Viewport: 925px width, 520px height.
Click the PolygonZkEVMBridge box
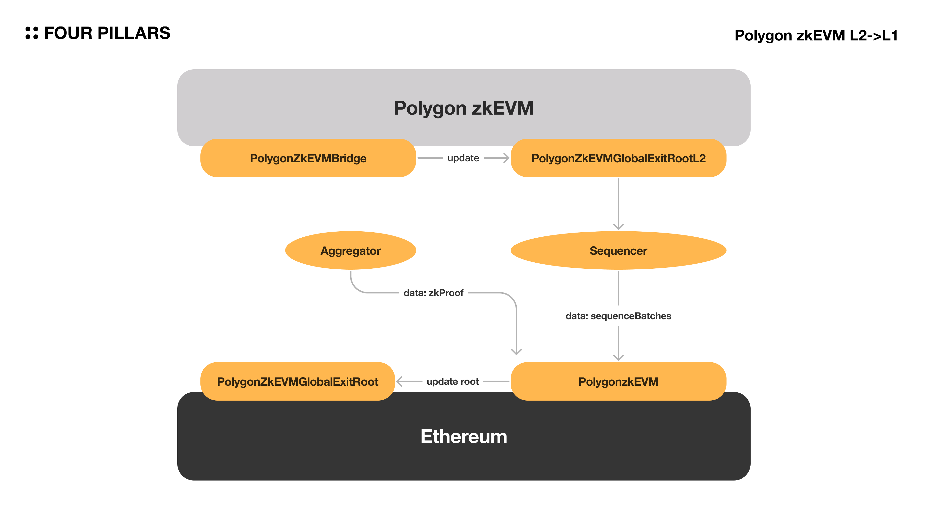(x=308, y=158)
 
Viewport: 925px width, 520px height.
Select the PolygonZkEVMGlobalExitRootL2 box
(x=618, y=158)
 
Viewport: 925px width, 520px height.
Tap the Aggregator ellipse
(x=350, y=250)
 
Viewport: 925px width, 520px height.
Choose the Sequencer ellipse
(x=618, y=250)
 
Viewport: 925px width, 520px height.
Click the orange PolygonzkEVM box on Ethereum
(x=618, y=382)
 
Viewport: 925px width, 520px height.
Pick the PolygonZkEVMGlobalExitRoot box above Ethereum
(x=298, y=382)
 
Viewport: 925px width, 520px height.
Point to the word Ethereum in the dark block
(x=463, y=436)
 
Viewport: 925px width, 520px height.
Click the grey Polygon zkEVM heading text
(x=463, y=108)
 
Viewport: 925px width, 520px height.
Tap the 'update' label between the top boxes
(x=463, y=158)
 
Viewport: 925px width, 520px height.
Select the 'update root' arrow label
(x=453, y=382)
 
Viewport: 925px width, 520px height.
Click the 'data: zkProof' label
(x=433, y=293)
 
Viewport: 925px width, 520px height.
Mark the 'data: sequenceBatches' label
(x=618, y=316)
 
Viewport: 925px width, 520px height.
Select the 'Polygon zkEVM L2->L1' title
(x=816, y=36)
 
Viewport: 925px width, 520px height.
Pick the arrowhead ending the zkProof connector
(x=516, y=352)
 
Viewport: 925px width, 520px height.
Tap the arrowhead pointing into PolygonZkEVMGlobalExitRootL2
(x=507, y=158)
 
